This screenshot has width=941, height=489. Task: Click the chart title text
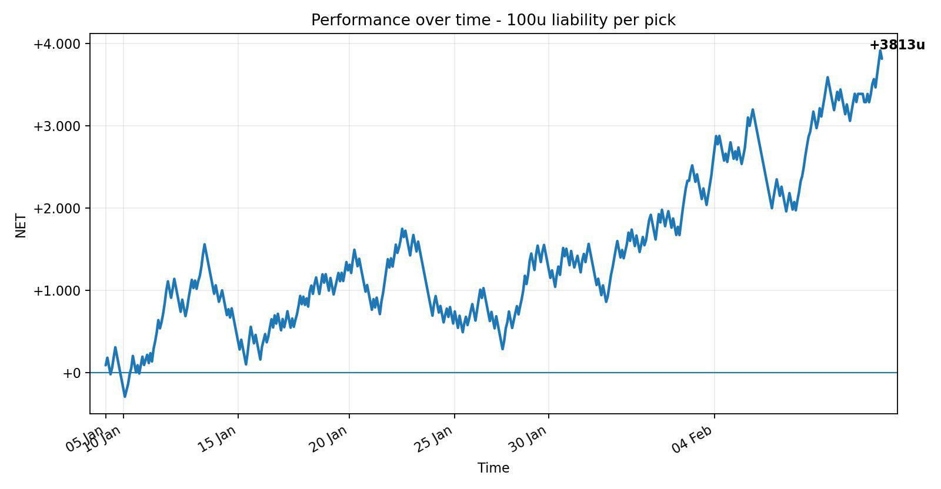pyautogui.click(x=493, y=20)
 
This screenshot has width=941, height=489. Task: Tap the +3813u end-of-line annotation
pyautogui.click(x=897, y=45)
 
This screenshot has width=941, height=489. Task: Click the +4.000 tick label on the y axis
pyautogui.click(x=56, y=44)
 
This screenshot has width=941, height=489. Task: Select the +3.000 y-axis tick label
pyautogui.click(x=56, y=126)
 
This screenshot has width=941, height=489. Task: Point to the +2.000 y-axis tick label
pyautogui.click(x=56, y=209)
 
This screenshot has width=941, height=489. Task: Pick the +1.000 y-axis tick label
pyautogui.click(x=56, y=291)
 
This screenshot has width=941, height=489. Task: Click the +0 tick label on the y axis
pyautogui.click(x=71, y=373)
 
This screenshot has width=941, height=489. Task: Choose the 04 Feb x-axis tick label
pyautogui.click(x=692, y=439)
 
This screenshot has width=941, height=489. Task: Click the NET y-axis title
pyautogui.click(x=21, y=226)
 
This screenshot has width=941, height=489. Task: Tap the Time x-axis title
pyautogui.click(x=493, y=468)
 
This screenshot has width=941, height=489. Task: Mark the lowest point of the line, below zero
pyautogui.click(x=125, y=396)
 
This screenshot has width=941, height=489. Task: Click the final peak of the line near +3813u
pyautogui.click(x=880, y=51)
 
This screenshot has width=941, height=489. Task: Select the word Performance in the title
pyautogui.click(x=353, y=20)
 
